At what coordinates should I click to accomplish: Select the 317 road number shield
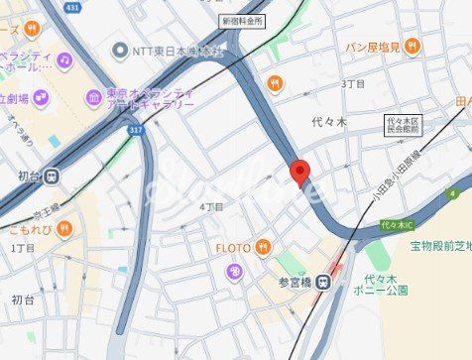click(134, 129)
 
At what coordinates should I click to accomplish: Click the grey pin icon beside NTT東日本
click(121, 50)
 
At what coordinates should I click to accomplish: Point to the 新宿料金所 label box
click(242, 20)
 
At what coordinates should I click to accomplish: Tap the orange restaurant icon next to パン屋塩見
click(413, 46)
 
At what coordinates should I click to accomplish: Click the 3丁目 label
click(353, 84)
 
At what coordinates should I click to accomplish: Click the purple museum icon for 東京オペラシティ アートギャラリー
click(93, 98)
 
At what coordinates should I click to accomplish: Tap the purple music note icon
click(64, 60)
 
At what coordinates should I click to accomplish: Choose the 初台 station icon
click(52, 178)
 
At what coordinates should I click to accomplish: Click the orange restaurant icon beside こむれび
click(64, 229)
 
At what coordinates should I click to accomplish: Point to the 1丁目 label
click(22, 247)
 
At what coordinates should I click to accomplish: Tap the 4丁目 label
click(211, 206)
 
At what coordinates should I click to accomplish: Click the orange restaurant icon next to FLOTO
click(262, 247)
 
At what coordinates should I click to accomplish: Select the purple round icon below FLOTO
click(233, 271)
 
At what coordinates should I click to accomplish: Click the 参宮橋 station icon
click(323, 283)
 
